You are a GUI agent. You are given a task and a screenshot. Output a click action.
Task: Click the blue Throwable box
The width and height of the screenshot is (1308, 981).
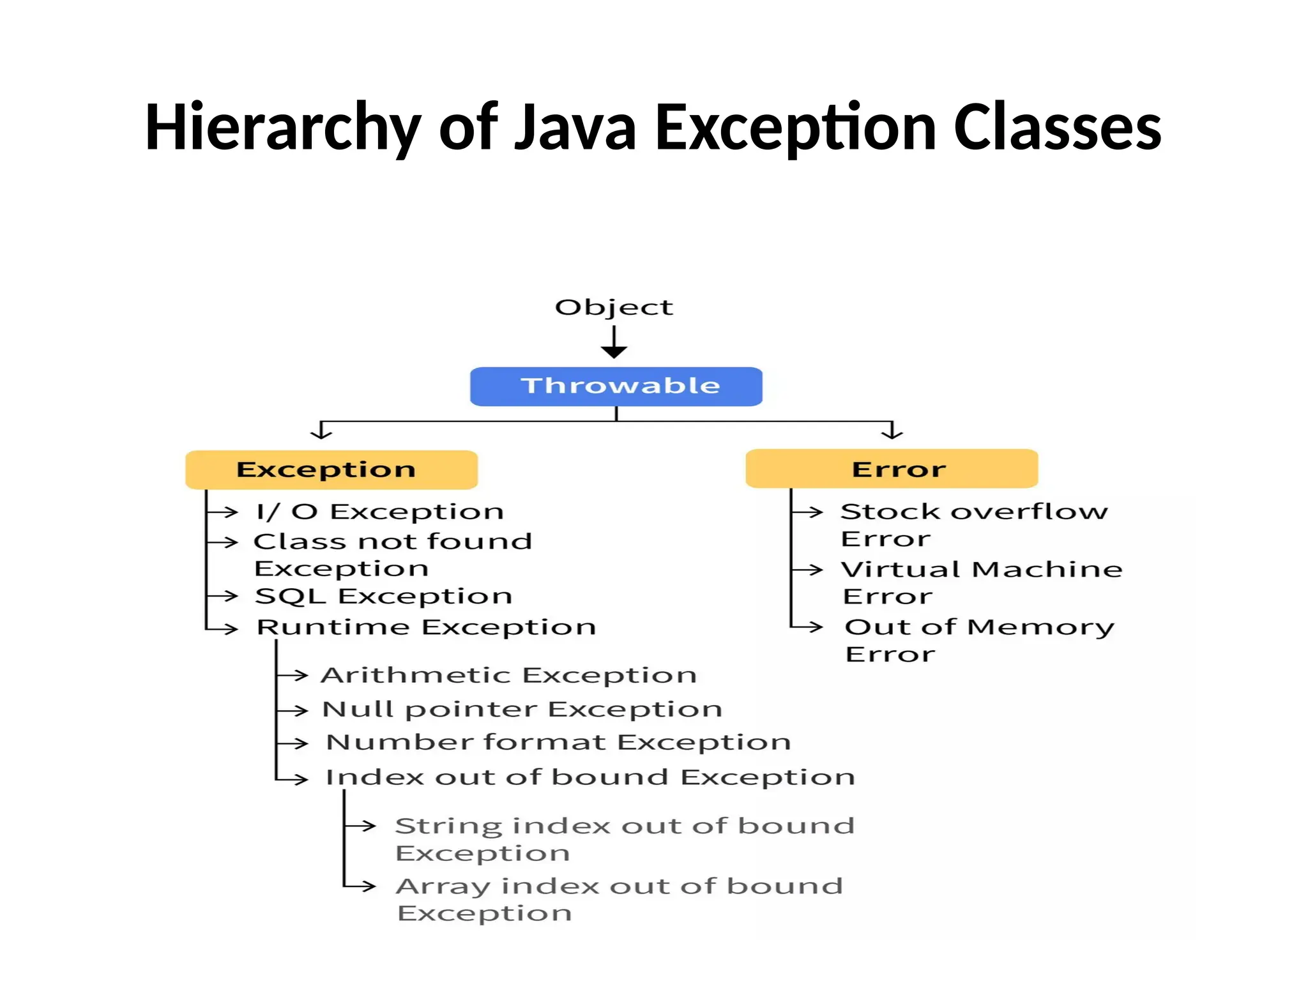[616, 386]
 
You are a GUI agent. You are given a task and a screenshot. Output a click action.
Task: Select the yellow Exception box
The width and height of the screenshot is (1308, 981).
[331, 470]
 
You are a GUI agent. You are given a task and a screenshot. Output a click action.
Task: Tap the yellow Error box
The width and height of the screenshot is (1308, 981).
[892, 469]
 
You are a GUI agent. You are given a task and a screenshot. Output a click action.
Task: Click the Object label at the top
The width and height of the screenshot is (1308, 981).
[614, 307]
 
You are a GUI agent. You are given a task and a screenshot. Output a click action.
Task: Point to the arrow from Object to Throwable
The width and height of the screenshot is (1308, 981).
[614, 342]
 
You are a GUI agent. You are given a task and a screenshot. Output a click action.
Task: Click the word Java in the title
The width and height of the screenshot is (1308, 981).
[575, 127]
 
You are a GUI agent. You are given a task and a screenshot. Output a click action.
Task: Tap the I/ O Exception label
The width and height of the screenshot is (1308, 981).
[380, 512]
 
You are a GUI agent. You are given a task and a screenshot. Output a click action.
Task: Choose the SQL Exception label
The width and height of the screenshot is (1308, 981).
[384, 596]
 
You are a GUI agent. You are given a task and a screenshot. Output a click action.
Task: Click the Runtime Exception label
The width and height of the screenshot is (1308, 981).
[426, 627]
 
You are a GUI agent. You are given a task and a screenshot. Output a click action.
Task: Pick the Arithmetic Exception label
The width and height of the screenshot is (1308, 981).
[509, 675]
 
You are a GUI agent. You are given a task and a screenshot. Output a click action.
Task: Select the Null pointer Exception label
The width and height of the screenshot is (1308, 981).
[522, 710]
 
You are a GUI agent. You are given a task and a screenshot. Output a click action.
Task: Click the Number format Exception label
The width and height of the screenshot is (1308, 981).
[558, 742]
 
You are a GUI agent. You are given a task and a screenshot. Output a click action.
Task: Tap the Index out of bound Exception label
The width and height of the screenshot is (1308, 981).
[590, 777]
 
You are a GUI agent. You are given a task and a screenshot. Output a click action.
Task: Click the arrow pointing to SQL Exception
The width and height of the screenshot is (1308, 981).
[224, 596]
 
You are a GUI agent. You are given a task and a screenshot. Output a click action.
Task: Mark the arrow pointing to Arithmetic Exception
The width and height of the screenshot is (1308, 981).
[294, 675]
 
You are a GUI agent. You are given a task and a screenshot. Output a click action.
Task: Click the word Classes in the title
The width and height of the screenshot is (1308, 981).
[1057, 127]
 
